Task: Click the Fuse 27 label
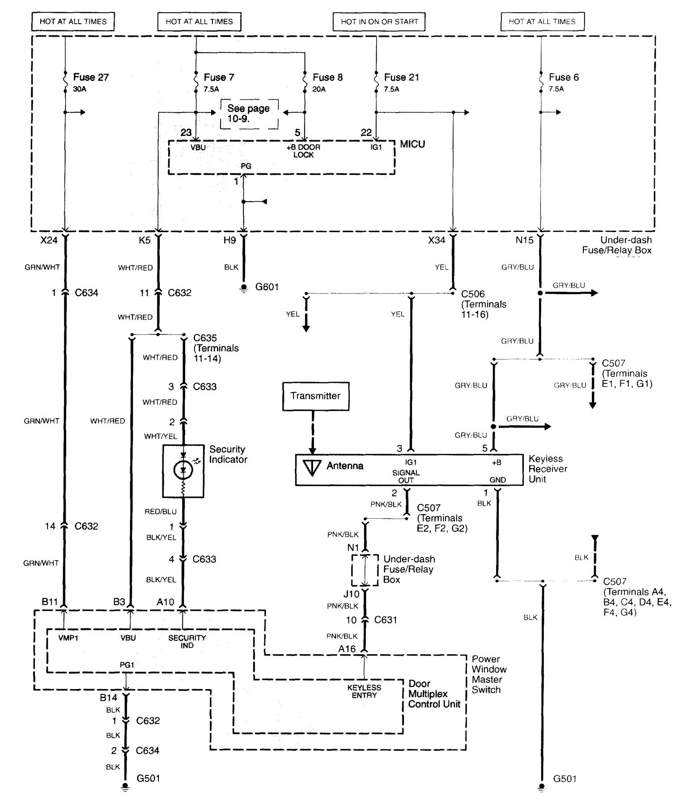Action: coord(91,77)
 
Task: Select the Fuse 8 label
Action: coord(327,77)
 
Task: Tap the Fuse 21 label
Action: coord(401,77)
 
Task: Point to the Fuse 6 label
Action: coord(564,77)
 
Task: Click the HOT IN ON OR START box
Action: coord(379,21)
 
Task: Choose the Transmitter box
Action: coord(315,396)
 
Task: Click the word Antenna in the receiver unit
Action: coord(345,466)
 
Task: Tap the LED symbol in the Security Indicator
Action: coord(183,469)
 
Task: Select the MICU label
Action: coord(412,144)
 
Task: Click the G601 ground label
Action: coord(267,287)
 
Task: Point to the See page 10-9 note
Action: coord(249,114)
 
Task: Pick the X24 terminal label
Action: coord(49,240)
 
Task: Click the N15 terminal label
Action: coord(524,240)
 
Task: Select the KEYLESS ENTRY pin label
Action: coord(364,691)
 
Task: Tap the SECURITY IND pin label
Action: coord(187,641)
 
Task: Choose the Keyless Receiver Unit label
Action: coord(548,469)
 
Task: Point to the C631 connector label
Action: coord(386,620)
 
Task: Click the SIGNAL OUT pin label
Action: coord(406,476)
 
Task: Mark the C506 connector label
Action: coord(473,294)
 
